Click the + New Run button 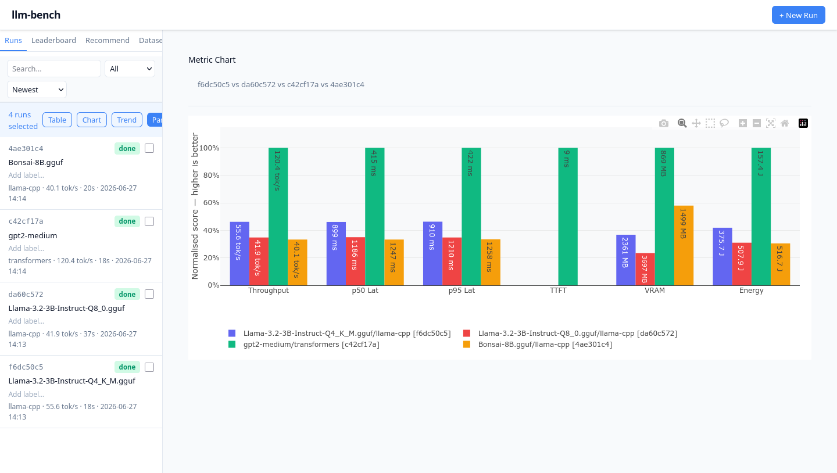pyautogui.click(x=798, y=15)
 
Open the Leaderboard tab pyautogui.click(x=53, y=40)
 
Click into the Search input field pyautogui.click(x=54, y=69)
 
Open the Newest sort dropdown pyautogui.click(x=37, y=89)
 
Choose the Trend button pyautogui.click(x=127, y=120)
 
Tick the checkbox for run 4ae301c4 pyautogui.click(x=149, y=148)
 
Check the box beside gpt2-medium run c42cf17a pyautogui.click(x=149, y=221)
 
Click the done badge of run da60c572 pyautogui.click(x=127, y=295)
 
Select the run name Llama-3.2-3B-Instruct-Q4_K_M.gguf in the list pyautogui.click(x=71, y=381)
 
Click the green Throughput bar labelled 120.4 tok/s pyautogui.click(x=278, y=217)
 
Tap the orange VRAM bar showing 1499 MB pyautogui.click(x=684, y=245)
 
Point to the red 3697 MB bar pyautogui.click(x=645, y=269)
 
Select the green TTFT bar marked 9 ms pyautogui.click(x=567, y=217)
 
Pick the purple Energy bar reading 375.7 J pyautogui.click(x=722, y=257)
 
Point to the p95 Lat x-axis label pyautogui.click(x=462, y=291)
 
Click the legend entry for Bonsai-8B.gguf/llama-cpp pyautogui.click(x=537, y=345)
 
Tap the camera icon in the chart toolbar pyautogui.click(x=663, y=123)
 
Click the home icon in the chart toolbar pyautogui.click(x=784, y=123)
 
